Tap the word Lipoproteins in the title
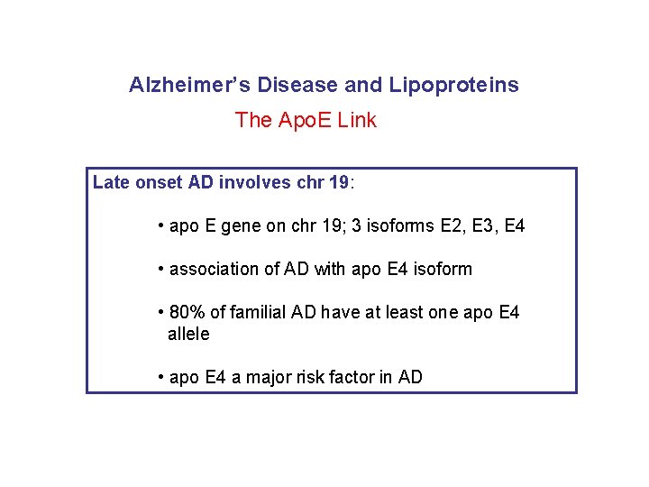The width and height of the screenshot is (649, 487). [x=453, y=86]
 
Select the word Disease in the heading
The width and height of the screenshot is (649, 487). [x=298, y=86]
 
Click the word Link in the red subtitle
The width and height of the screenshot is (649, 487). [x=357, y=120]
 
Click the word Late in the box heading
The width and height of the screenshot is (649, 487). [x=111, y=183]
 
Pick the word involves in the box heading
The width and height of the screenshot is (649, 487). [x=261, y=183]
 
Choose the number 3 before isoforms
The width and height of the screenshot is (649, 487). [x=356, y=226]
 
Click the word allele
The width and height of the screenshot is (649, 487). [x=188, y=335]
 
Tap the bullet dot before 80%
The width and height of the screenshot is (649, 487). [x=160, y=313]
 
